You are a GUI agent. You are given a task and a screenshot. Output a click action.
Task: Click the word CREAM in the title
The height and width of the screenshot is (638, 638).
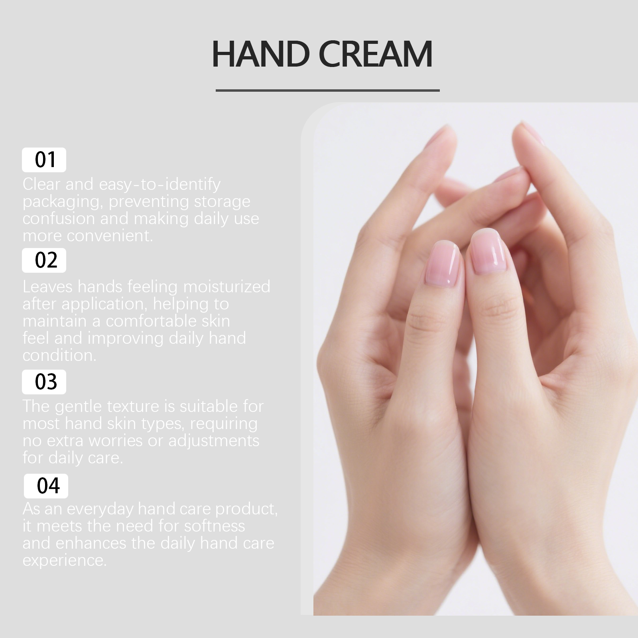coord(376,54)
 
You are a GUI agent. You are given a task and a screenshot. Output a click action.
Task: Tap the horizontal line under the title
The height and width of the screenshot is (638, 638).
coord(327,91)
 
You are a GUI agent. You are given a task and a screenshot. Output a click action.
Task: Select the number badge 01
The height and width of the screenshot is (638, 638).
coord(44,160)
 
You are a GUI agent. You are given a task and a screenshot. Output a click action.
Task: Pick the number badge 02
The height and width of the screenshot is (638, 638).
coord(44,260)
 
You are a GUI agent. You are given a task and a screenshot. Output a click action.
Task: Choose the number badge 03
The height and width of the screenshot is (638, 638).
coord(44,382)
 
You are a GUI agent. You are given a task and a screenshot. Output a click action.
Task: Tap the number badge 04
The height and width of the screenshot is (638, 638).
coord(46,486)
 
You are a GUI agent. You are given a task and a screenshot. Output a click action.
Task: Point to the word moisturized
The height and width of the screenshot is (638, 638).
coord(226,287)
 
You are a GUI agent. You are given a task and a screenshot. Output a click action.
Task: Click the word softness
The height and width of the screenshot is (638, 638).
coord(215,526)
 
